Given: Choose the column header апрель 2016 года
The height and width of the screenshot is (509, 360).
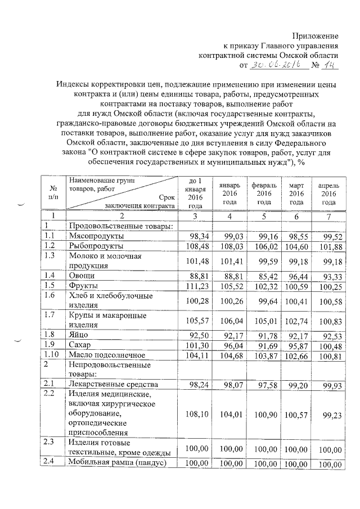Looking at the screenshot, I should (329, 193).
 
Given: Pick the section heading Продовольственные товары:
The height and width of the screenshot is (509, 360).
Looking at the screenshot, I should (116, 226).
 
